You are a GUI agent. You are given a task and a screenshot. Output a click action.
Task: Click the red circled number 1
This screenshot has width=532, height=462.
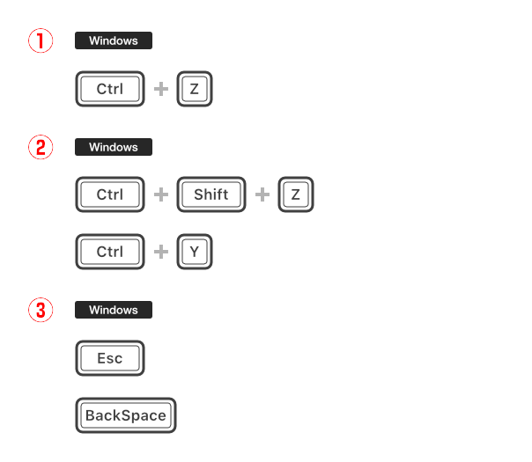coord(41,40)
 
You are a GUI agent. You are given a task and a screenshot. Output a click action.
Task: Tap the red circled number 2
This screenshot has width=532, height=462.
coord(41,147)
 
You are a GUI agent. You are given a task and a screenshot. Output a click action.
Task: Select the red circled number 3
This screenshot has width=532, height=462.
coord(41,310)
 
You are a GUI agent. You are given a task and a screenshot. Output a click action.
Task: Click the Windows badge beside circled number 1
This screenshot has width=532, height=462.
coord(114,40)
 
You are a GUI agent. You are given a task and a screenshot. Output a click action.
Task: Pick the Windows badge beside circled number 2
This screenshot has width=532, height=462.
coord(114,147)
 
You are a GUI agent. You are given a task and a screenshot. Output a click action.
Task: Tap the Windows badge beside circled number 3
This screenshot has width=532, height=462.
coord(114,310)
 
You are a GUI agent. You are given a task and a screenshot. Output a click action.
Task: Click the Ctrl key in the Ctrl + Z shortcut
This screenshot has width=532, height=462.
coord(110,89)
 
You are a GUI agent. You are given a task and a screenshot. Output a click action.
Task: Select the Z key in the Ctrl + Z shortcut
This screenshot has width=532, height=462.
coord(195,89)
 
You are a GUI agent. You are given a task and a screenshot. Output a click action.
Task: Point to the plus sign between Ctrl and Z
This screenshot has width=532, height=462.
coord(161,89)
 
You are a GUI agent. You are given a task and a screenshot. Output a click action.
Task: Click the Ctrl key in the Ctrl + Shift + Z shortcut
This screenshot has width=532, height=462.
coord(110,194)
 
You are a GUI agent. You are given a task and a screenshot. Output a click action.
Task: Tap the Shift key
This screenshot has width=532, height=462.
coord(211,194)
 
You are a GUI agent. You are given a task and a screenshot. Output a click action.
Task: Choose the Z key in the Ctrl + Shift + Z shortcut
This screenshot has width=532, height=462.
coord(296,194)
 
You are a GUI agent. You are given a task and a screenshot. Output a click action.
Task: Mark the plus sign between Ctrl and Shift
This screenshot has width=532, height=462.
coord(161,194)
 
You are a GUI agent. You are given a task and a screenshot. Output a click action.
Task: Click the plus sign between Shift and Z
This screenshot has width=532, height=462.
coord(262,194)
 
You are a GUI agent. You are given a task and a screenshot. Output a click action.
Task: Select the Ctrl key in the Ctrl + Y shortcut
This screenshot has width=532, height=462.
coord(110,252)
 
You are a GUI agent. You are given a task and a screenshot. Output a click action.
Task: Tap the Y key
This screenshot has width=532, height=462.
coord(195,252)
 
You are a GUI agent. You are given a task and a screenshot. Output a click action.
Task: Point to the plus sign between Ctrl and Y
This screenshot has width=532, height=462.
coord(161,252)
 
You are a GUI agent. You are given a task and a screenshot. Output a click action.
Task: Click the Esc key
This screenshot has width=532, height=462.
coord(110,358)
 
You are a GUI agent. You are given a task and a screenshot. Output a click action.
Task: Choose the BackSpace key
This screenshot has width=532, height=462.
coord(126,415)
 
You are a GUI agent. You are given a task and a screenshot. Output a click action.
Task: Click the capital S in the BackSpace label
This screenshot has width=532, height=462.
coord(126,415)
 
